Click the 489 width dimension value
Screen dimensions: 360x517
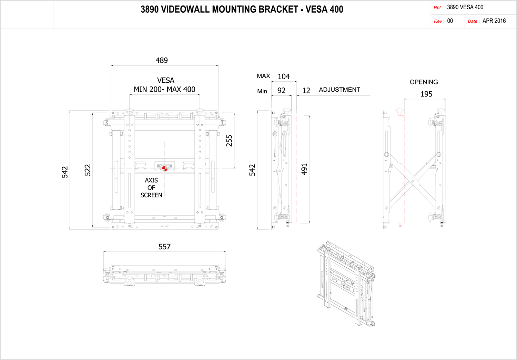[162, 60]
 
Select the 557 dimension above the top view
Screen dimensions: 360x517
[164, 247]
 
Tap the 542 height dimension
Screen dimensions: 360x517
[65, 172]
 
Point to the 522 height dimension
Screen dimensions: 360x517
[88, 170]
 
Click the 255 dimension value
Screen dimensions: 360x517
[229, 141]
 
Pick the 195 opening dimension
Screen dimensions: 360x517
[426, 94]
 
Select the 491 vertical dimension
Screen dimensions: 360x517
[304, 169]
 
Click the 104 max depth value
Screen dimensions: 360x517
[284, 76]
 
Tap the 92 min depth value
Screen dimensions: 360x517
[282, 91]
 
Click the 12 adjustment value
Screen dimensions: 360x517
[306, 91]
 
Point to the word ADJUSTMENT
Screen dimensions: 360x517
[339, 90]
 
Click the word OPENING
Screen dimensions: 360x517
[424, 82]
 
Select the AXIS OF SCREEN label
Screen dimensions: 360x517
[151, 188]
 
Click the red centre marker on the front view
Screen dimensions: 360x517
[165, 168]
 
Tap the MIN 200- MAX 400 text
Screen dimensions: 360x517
[164, 90]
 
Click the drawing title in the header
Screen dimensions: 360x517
[242, 9]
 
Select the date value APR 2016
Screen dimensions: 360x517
[494, 21]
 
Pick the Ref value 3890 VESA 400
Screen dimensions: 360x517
[465, 7]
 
